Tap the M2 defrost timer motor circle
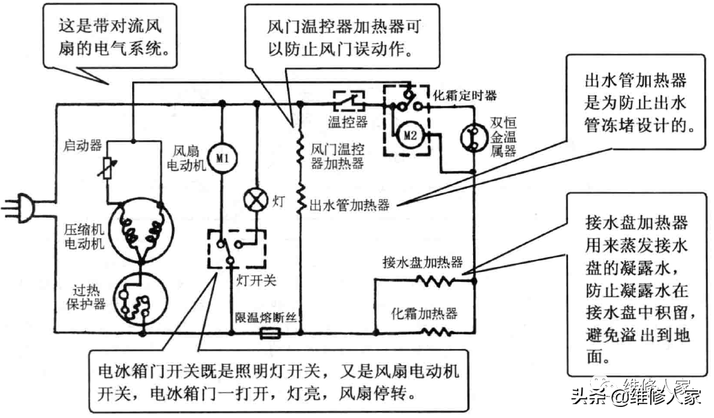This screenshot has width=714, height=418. tap(410, 136)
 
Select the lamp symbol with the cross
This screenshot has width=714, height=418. tap(257, 200)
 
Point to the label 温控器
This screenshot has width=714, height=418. tap(348, 122)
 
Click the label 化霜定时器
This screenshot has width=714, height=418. tap(465, 94)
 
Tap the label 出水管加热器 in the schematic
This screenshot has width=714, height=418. tap(350, 205)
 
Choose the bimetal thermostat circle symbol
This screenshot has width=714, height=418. tap(474, 136)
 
